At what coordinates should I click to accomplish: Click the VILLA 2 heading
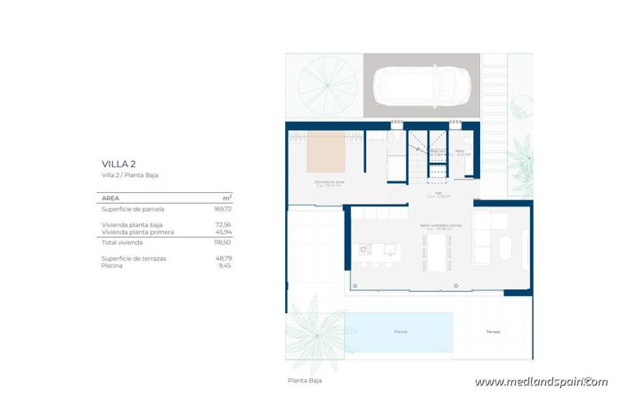click(x=118, y=165)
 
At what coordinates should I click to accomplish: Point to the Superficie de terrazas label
click(x=135, y=258)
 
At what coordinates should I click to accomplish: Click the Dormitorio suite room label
click(x=330, y=182)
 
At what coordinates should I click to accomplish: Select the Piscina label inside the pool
click(x=401, y=332)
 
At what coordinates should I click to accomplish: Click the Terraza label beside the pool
click(x=493, y=332)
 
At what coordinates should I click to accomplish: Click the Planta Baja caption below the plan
click(x=305, y=380)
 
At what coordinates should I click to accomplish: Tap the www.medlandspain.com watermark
click(x=541, y=382)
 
